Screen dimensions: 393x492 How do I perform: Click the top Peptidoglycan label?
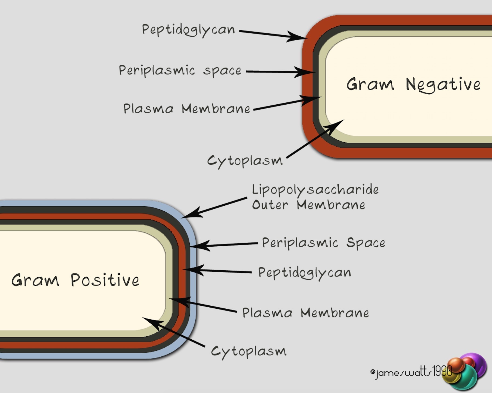click(188, 30)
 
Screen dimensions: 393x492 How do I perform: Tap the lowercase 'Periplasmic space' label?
click(180, 70)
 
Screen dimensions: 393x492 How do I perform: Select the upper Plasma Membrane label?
click(187, 109)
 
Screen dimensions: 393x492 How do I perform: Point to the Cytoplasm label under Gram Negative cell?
click(245, 161)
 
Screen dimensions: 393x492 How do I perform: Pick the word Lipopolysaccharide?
click(315, 189)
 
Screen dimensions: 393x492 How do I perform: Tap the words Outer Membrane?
click(308, 205)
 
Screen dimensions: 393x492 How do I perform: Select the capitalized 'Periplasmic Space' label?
click(323, 243)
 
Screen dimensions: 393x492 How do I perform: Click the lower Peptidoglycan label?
click(305, 273)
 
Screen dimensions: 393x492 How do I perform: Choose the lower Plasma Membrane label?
click(305, 313)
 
